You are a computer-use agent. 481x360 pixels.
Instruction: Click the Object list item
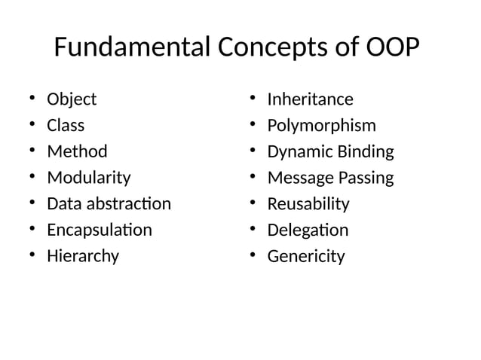[72, 99]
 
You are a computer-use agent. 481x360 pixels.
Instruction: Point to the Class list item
[66, 125]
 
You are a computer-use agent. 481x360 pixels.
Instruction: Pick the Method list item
[77, 151]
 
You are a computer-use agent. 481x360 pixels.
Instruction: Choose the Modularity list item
[88, 178]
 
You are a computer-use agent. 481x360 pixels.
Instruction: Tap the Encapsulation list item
[99, 230]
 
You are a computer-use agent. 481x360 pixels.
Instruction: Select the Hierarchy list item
[83, 256]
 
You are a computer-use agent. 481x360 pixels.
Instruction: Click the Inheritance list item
[310, 99]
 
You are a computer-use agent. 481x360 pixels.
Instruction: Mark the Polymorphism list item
[321, 125]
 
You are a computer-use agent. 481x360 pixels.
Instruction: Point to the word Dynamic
[296, 151]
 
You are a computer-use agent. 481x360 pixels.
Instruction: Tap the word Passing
[364, 178]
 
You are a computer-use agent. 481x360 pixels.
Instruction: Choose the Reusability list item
[308, 203]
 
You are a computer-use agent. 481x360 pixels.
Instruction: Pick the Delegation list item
[308, 230]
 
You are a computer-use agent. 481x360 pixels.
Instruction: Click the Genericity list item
[306, 256]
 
